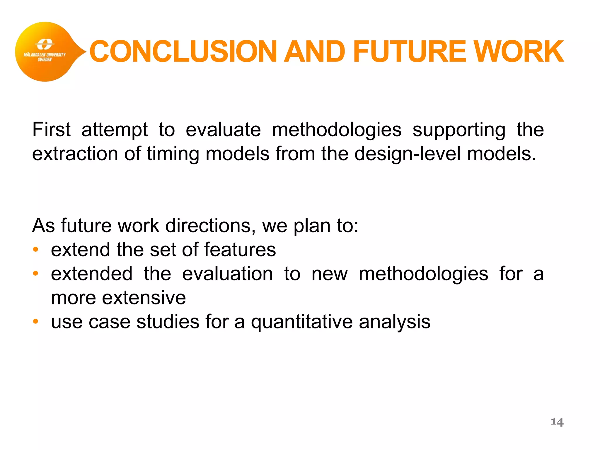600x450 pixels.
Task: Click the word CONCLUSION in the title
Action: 183,52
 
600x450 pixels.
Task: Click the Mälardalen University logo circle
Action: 45,52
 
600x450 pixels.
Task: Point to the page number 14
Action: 557,422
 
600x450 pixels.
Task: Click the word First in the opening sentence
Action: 51,130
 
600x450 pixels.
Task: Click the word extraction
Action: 75,154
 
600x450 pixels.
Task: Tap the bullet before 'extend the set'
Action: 35,250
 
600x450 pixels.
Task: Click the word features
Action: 240,250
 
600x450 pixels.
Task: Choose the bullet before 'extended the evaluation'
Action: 35,274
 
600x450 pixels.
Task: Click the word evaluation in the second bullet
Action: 227,274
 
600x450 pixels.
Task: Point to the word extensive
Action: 144,298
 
